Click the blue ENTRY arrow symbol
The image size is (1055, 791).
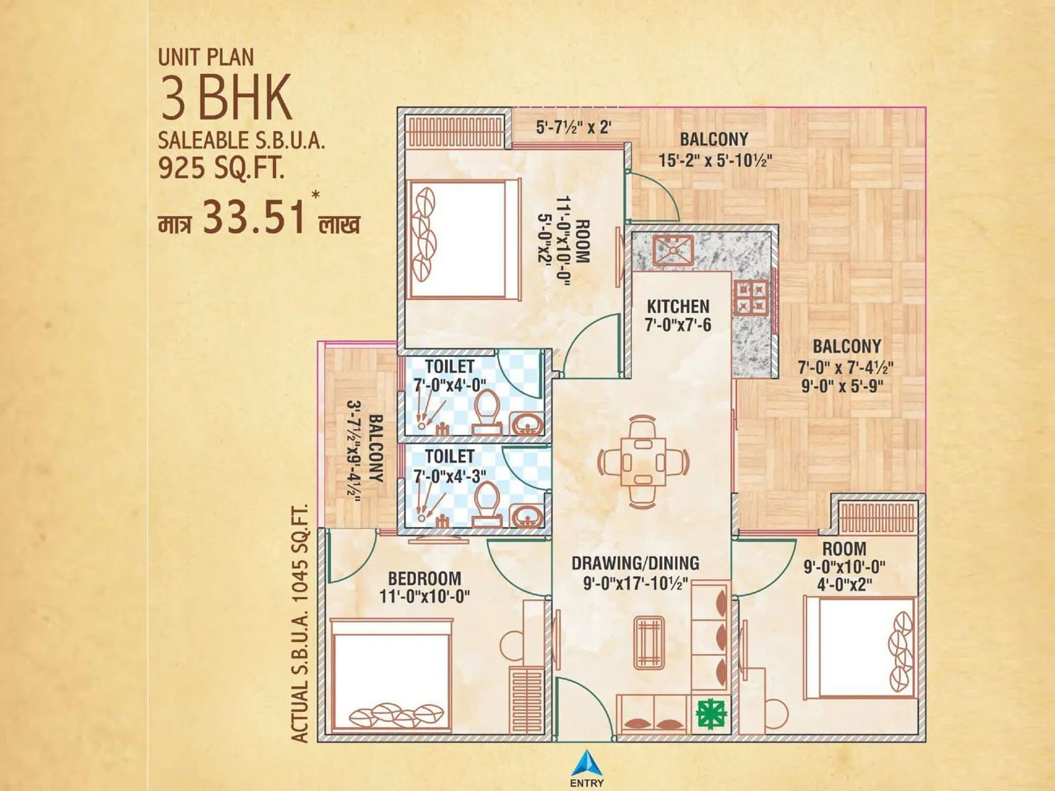coord(586,763)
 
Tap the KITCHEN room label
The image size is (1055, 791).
coord(678,307)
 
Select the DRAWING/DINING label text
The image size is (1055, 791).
coord(635,563)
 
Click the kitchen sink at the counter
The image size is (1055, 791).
coord(673,250)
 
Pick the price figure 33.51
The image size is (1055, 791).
coord(255,218)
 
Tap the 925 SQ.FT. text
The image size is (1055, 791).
coord(221,169)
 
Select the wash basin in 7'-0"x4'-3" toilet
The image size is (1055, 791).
coord(527,515)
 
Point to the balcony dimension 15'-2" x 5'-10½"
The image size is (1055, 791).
coord(715,160)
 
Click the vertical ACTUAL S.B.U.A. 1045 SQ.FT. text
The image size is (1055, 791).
coord(301,624)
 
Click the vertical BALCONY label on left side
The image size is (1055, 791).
coord(375,448)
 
